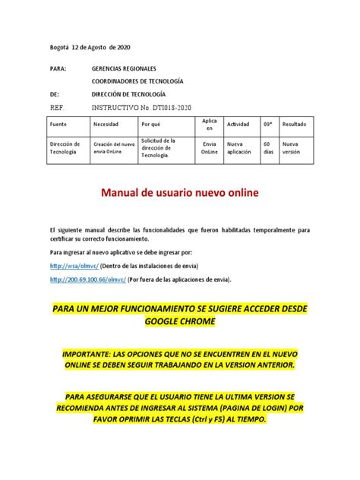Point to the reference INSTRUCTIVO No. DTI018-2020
143,107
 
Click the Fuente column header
58,124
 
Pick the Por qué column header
151,124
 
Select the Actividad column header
238,124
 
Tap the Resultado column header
296,124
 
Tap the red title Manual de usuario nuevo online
180,194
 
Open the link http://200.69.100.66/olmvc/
87,279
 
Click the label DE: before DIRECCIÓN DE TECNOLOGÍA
53,93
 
